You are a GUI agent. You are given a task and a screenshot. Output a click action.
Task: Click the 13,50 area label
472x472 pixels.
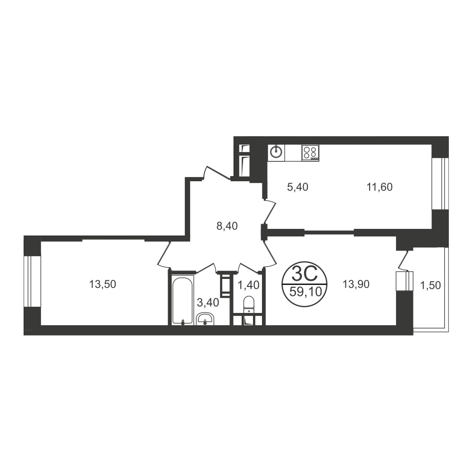click(x=102, y=284)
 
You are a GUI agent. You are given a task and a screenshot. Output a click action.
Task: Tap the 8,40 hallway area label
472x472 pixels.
click(x=227, y=226)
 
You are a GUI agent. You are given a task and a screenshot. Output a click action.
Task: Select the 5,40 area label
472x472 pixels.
click(x=298, y=187)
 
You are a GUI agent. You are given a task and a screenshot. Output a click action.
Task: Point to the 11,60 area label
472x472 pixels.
click(x=379, y=187)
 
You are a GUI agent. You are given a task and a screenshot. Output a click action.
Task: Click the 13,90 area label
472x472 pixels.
click(x=356, y=284)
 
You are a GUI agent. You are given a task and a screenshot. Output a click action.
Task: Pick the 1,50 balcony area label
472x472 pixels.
click(x=430, y=286)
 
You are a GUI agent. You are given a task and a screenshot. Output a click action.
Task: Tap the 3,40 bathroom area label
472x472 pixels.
click(x=208, y=303)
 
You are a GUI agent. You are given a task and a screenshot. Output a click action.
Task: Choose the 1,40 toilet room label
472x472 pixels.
click(x=248, y=285)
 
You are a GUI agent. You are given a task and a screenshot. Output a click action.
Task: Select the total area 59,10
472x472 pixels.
click(x=304, y=292)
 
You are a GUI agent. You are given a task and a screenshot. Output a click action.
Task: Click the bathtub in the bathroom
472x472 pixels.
click(x=183, y=300)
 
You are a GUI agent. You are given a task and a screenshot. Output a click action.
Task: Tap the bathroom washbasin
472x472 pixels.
click(x=205, y=319)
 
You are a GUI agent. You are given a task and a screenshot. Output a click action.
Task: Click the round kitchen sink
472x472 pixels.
click(x=276, y=152)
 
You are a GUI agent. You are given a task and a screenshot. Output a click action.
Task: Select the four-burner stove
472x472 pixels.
click(x=311, y=152)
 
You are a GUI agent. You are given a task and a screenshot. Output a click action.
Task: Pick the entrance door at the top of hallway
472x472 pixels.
click(x=217, y=173)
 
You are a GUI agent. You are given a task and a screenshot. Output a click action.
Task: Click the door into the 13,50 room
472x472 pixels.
click(x=164, y=254)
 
